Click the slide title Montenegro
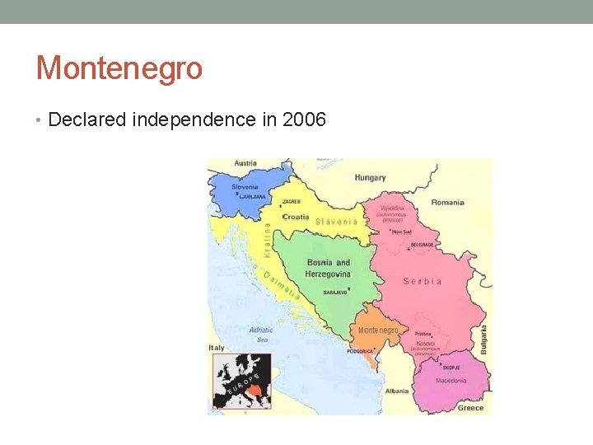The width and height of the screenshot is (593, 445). [x=119, y=68]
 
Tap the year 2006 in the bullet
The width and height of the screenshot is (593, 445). [x=304, y=120]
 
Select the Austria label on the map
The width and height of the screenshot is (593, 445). [x=245, y=163]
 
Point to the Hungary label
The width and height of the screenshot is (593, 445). [x=370, y=177]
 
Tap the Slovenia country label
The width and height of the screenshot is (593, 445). [x=245, y=187]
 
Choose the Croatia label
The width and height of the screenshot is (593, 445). [x=296, y=217]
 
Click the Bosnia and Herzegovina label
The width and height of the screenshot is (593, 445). [x=328, y=268]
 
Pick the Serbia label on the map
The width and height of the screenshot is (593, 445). [x=423, y=281]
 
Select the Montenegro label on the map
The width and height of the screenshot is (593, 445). [x=378, y=330]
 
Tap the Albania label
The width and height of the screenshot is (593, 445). [x=395, y=391]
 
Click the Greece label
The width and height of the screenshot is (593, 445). [x=471, y=407]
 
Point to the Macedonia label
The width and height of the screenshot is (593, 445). [x=451, y=380]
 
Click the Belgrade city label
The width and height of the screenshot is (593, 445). [x=422, y=245]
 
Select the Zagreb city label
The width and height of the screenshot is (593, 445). [x=291, y=201]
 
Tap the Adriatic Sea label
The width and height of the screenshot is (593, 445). [x=261, y=335]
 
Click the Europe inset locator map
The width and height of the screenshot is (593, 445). [x=242, y=382]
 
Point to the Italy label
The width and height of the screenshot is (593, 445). [x=217, y=348]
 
